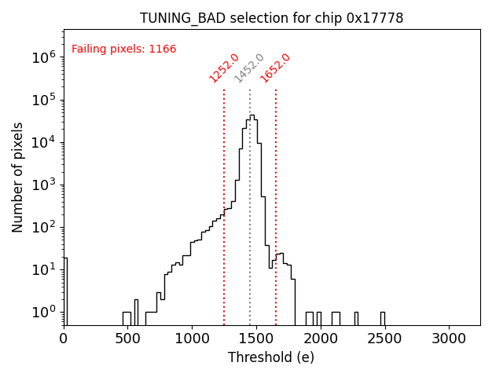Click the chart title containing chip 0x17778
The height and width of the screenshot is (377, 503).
271,18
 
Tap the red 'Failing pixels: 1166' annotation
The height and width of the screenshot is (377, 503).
124,49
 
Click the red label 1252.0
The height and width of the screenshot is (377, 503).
223,68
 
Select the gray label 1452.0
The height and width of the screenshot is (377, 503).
249,68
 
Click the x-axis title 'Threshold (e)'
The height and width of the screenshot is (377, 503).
271,357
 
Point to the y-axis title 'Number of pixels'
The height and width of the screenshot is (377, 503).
17,177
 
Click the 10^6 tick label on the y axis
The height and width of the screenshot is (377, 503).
43,57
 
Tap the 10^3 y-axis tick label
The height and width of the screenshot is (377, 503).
43,185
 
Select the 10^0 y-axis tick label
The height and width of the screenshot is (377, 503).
43,312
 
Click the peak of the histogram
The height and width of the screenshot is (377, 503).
251,115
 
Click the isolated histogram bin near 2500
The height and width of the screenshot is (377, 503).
383,317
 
